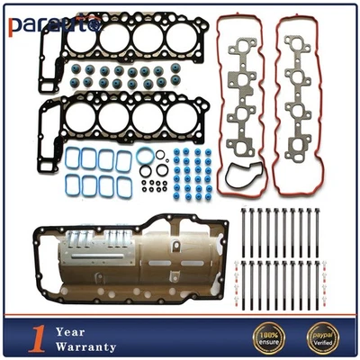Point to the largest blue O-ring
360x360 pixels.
point(144,160)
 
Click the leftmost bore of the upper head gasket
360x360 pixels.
point(82,40)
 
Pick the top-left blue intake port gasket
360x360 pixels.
point(72,157)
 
